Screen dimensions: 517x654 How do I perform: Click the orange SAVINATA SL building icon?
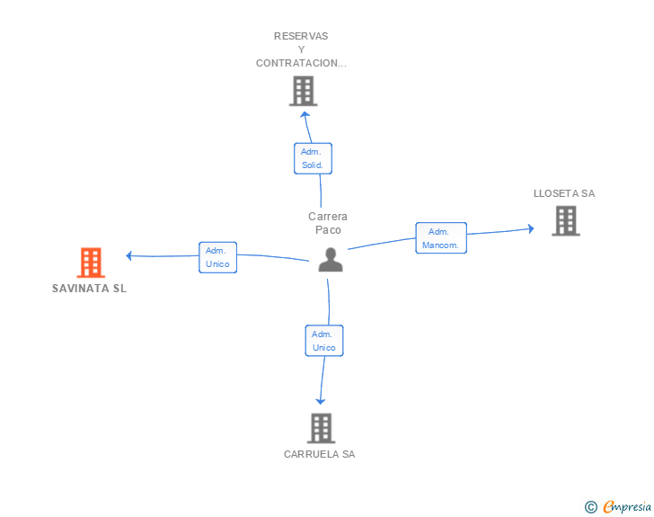click(x=90, y=263)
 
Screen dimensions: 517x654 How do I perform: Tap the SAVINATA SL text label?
click(x=90, y=289)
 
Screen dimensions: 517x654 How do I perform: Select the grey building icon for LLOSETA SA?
click(x=565, y=220)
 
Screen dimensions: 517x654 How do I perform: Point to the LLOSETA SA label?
click(x=564, y=193)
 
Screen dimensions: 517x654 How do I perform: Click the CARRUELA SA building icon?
click(x=321, y=428)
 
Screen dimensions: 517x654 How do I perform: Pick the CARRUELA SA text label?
click(x=320, y=454)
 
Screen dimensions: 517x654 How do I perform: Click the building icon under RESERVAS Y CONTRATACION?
click(x=304, y=91)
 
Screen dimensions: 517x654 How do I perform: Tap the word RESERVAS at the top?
click(x=301, y=36)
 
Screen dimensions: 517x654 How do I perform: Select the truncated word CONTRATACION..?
click(x=301, y=63)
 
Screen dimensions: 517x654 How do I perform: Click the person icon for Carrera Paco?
click(x=331, y=260)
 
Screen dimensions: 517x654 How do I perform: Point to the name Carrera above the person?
click(x=328, y=217)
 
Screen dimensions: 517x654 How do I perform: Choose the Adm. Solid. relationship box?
click(x=313, y=158)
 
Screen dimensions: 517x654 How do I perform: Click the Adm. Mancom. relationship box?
click(x=440, y=238)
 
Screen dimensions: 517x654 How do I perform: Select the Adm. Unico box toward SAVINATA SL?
click(x=217, y=257)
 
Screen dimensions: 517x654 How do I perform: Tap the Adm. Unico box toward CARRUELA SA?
click(x=324, y=341)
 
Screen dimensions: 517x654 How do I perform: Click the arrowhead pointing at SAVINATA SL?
click(x=130, y=255)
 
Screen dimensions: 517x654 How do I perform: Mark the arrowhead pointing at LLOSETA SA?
click(x=530, y=228)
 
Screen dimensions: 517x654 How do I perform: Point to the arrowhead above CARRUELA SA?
click(x=321, y=400)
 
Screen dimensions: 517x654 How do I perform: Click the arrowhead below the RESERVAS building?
click(x=305, y=113)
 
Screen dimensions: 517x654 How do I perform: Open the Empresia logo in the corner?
click(x=618, y=507)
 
